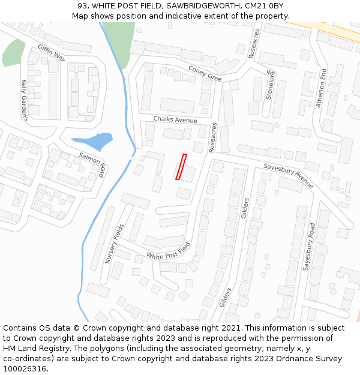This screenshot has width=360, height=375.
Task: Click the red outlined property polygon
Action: (181, 167)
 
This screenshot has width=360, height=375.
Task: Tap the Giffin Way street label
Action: (51, 53)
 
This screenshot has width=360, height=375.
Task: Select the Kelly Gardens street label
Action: (25, 100)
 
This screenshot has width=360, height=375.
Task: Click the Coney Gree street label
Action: (205, 73)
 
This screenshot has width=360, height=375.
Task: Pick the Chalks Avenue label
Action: (175, 120)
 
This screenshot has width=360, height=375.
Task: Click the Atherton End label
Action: (322, 88)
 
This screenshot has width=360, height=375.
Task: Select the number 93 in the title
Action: (83, 5)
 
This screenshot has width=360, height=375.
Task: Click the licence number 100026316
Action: (25, 368)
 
